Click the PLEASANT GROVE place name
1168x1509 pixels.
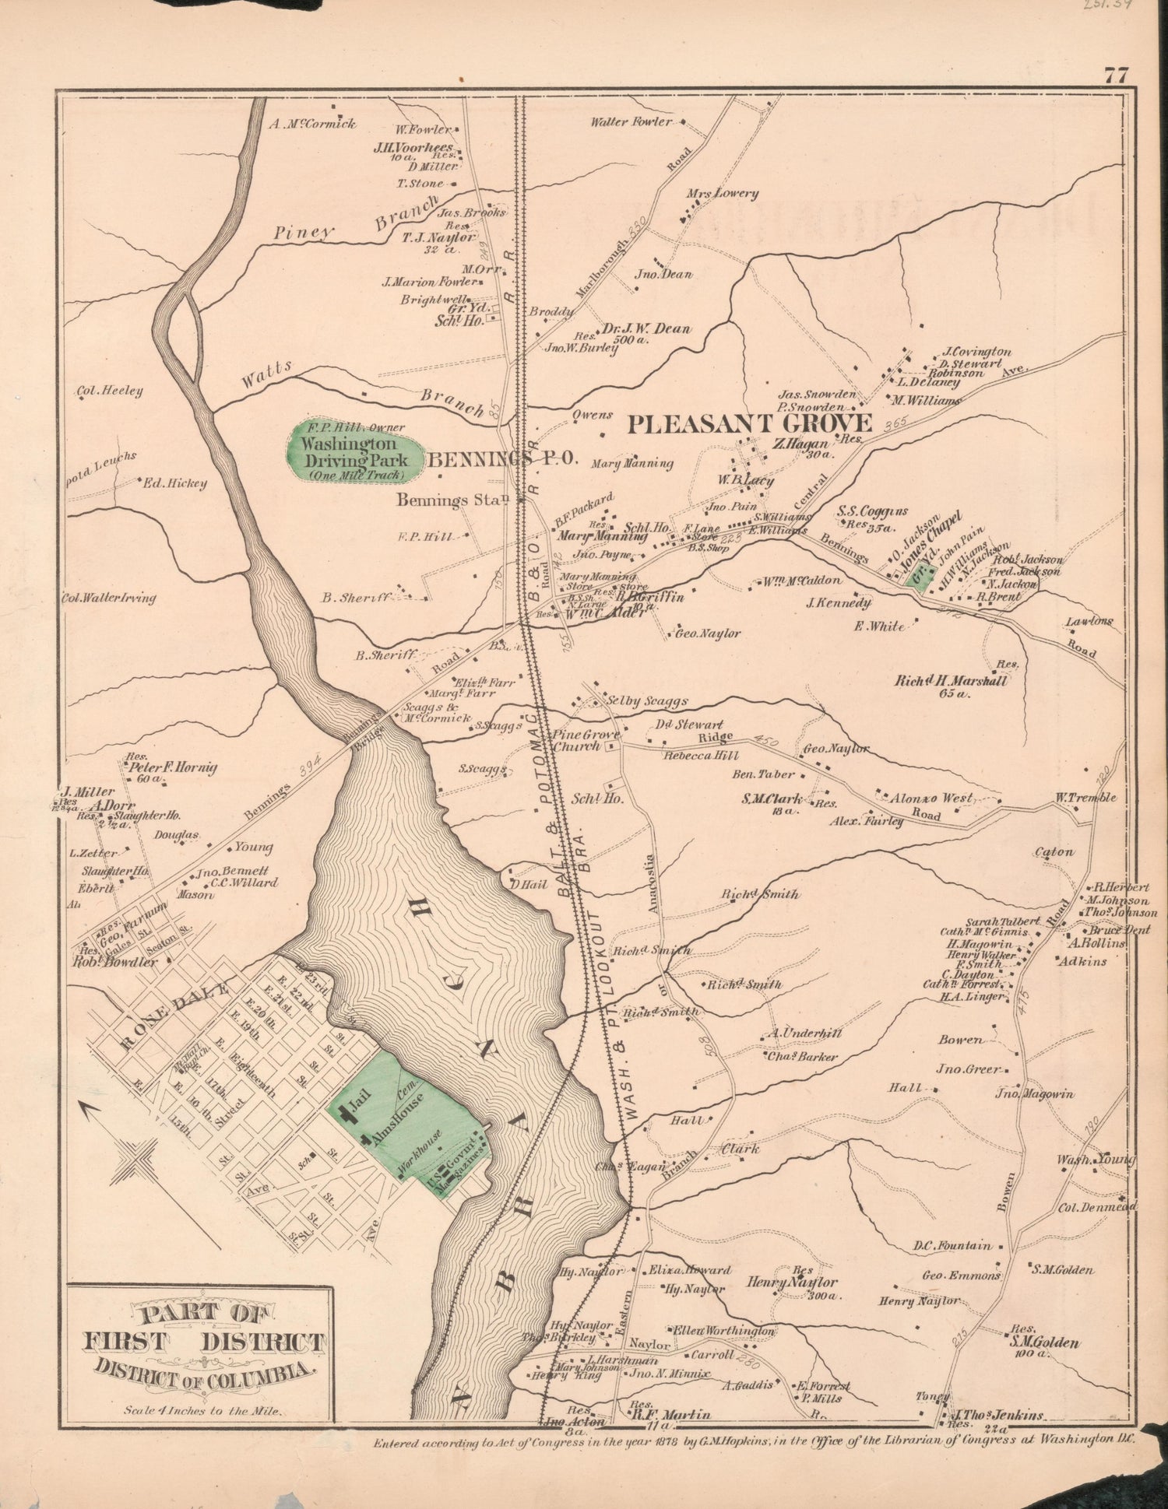(748, 424)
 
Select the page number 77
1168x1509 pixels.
(1115, 76)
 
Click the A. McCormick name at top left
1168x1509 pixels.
(313, 123)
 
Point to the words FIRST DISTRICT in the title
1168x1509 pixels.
(203, 1342)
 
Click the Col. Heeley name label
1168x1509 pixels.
(109, 391)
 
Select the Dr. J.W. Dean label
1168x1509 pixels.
(647, 328)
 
